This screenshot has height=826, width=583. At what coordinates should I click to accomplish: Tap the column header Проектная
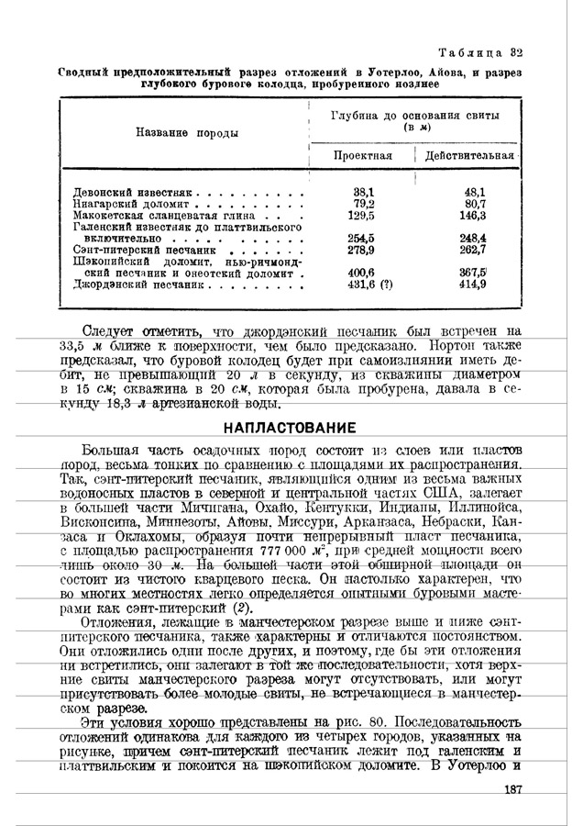tap(362, 156)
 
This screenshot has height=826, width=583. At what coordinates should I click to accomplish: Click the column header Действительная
tap(473, 156)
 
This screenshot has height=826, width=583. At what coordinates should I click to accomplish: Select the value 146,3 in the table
tap(472, 216)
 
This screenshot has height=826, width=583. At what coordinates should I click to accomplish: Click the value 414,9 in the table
tap(472, 285)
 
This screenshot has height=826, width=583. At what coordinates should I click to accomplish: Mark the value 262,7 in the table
tap(472, 249)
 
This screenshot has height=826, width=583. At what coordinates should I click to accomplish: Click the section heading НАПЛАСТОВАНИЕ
tap(291, 429)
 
